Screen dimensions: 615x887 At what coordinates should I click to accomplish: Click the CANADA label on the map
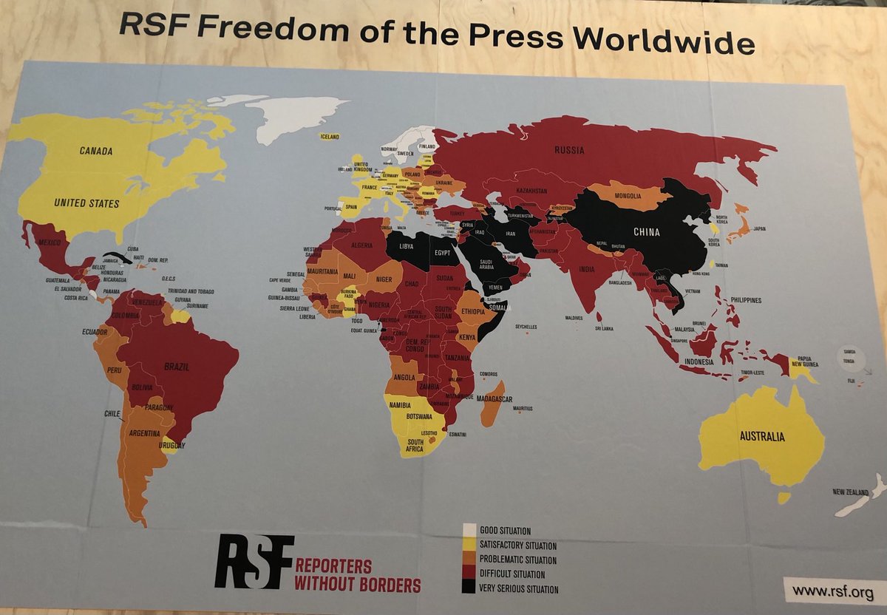point(97,151)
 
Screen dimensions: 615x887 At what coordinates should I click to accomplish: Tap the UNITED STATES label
point(87,202)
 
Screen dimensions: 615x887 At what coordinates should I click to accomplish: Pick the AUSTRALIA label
point(761,436)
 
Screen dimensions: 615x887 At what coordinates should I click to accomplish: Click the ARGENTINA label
point(143,433)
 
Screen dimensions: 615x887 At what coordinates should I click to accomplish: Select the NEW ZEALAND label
point(849,492)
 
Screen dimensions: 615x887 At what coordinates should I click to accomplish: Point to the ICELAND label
point(330,137)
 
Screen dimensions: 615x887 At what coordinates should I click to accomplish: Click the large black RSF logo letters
point(254,562)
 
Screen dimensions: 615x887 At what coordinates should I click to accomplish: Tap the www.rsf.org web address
point(828,591)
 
